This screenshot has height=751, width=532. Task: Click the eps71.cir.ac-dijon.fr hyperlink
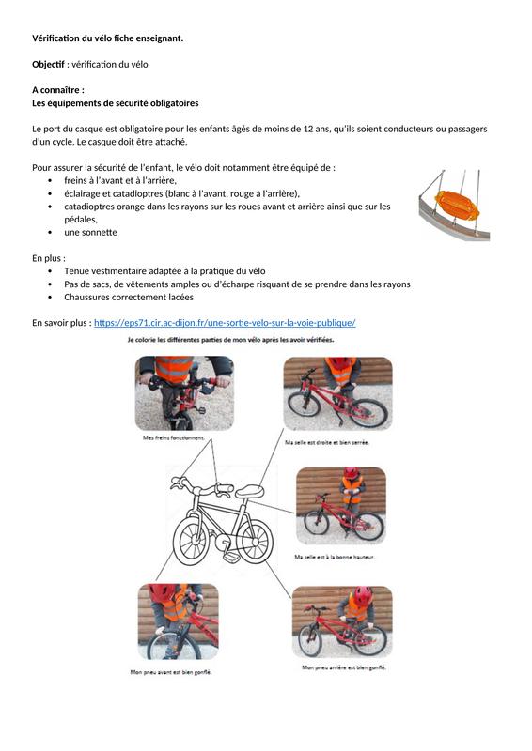click(225, 323)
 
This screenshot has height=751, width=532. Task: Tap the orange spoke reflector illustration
click(457, 205)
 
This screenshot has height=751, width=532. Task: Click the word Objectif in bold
click(48, 64)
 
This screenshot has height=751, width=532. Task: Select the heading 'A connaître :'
click(58, 90)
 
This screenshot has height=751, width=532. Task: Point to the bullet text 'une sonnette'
click(90, 232)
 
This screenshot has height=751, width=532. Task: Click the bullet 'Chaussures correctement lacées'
click(129, 297)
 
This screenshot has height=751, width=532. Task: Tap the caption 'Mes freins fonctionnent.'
click(174, 437)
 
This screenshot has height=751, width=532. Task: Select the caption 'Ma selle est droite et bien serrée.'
click(327, 442)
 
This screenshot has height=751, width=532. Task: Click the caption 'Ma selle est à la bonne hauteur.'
click(335, 557)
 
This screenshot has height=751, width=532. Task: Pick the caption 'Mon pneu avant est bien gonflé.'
click(171, 672)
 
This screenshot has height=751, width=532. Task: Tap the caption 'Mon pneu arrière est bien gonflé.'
click(344, 667)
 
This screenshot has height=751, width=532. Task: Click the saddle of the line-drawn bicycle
click(249, 491)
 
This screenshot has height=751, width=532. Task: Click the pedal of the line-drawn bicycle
click(230, 558)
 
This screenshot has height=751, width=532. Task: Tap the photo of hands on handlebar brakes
click(184, 393)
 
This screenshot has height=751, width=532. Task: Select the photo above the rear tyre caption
click(342, 621)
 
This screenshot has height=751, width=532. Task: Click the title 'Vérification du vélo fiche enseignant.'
click(107, 38)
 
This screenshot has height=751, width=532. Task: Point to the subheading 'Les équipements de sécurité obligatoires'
click(115, 103)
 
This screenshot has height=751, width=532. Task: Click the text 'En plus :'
click(49, 258)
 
